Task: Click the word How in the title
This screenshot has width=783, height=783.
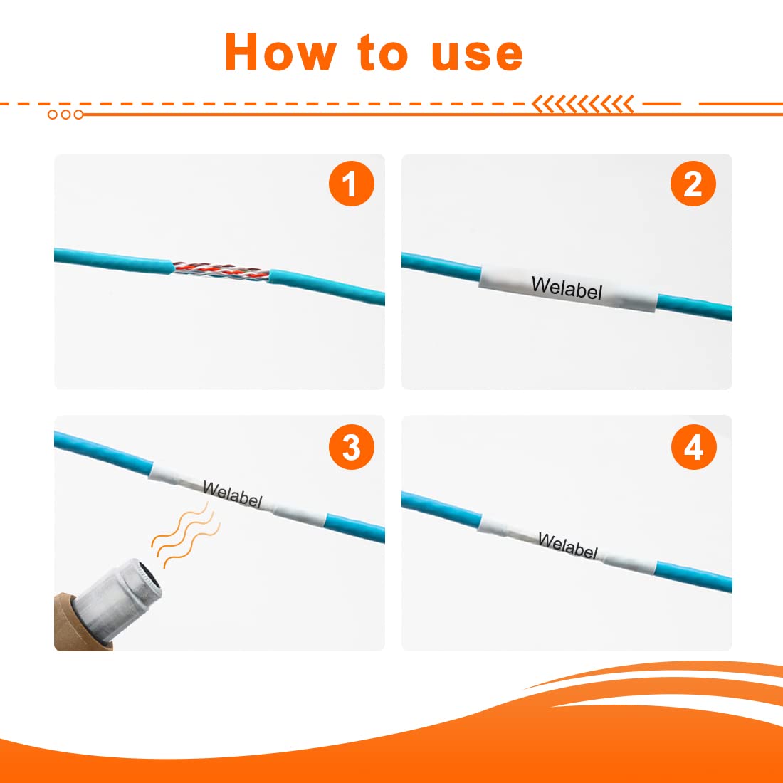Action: click(281, 52)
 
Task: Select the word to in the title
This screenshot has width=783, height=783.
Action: click(383, 53)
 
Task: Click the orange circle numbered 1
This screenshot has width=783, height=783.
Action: click(352, 183)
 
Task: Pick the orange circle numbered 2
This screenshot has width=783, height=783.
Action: click(693, 183)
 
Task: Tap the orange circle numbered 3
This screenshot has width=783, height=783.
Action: click(352, 447)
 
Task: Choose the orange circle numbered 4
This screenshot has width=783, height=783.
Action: click(693, 447)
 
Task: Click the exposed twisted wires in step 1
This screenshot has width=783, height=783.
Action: click(221, 272)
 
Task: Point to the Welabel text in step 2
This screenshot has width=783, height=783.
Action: click(567, 288)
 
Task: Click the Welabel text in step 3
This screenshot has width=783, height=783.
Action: click(232, 494)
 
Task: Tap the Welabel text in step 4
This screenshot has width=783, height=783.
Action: click(568, 545)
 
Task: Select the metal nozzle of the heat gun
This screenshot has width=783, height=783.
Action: click(118, 599)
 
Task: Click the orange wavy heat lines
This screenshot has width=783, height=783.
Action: click(186, 535)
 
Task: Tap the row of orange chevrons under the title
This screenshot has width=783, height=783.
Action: click(582, 104)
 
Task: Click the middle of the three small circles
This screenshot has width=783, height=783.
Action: click(65, 115)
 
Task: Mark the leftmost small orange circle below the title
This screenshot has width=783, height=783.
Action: click(53, 115)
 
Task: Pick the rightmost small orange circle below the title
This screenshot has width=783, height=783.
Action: click(78, 115)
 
